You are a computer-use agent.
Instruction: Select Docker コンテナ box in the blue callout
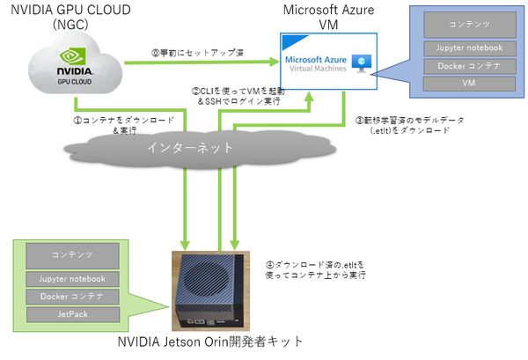click(469, 64)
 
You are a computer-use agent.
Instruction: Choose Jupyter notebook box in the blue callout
click(469, 47)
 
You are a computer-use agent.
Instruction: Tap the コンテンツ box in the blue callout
click(469, 25)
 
